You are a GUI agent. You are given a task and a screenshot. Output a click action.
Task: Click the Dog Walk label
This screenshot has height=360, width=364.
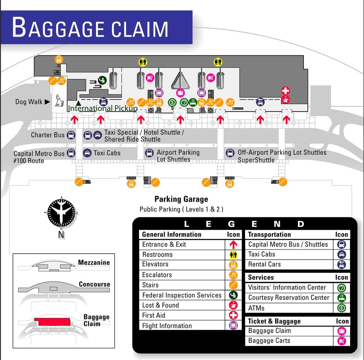29,102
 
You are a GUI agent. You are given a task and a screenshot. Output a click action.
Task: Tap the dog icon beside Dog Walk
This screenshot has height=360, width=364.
58,101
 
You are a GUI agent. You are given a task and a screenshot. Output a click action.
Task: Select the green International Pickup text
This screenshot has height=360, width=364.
102,108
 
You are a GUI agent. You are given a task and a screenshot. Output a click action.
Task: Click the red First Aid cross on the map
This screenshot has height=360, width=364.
285,90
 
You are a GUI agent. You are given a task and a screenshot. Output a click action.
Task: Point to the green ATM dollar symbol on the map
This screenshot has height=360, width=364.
172,103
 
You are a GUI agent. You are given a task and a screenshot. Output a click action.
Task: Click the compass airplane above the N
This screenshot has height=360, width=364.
61,213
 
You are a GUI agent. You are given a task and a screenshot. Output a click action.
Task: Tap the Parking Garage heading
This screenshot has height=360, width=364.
181,199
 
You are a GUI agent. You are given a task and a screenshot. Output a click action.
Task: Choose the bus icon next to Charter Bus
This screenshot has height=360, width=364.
71,135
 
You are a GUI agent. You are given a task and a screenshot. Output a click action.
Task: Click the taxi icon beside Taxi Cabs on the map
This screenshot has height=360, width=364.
87,153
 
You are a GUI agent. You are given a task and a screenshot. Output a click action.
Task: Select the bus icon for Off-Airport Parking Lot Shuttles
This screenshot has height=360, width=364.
230,153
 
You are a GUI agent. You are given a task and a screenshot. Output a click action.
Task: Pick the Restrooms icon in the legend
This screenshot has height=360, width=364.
233,255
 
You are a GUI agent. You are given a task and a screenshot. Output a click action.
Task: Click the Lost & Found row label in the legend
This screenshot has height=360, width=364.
160,305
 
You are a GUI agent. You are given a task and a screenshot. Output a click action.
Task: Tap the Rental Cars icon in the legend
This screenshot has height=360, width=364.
342,264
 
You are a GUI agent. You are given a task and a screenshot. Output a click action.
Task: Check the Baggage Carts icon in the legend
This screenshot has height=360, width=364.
342,341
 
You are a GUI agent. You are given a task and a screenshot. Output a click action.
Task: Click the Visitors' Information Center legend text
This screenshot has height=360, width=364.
287,287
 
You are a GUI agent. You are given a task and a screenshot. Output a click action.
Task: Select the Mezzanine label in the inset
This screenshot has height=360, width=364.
94,263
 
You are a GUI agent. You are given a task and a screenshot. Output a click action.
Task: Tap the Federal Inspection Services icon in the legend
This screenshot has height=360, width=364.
233,295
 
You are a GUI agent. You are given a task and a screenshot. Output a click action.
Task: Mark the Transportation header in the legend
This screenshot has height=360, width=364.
269,234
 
